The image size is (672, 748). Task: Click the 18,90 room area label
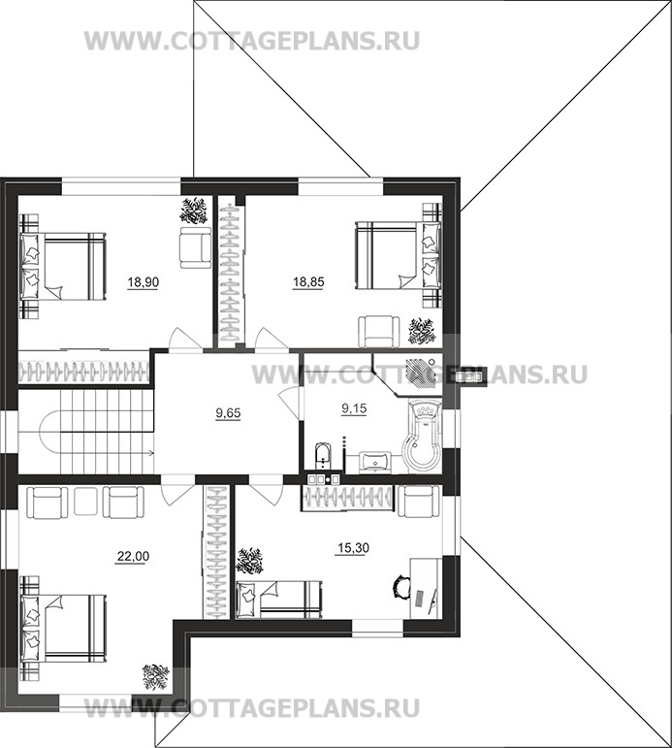(144, 282)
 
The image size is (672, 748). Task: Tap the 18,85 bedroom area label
(308, 282)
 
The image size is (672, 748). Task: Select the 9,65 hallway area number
(229, 413)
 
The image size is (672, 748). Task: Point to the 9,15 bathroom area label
(354, 408)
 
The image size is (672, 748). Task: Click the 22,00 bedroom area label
(133, 556)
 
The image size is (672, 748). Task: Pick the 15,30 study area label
(353, 548)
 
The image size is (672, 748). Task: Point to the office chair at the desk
(400, 585)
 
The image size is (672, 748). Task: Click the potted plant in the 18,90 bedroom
(194, 211)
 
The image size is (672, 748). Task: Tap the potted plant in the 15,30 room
(250, 562)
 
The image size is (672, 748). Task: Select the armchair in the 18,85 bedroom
(379, 332)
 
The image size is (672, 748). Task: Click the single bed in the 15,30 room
(279, 600)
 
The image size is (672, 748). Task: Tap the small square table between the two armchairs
(86, 502)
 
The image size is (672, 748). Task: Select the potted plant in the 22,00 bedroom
(155, 677)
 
